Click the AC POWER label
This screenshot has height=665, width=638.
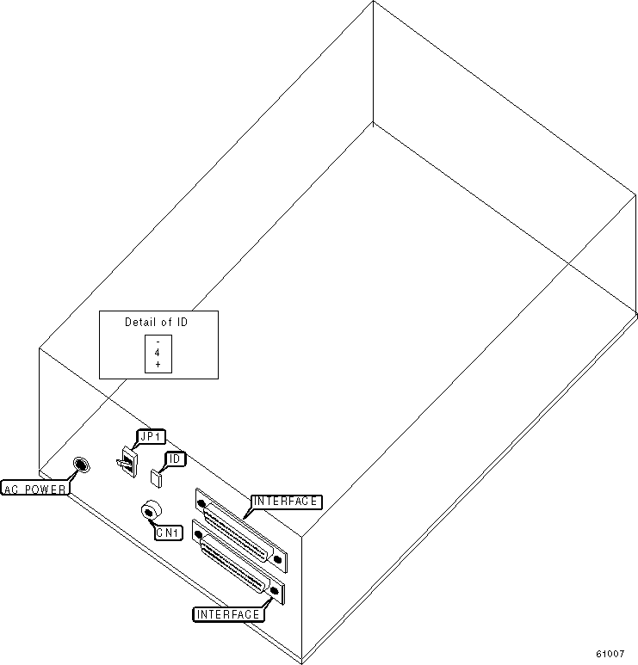click(35, 490)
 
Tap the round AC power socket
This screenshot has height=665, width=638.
click(81, 465)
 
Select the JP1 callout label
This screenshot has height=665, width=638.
click(150, 437)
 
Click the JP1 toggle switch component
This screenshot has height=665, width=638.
click(127, 464)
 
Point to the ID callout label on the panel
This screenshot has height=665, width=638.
click(174, 459)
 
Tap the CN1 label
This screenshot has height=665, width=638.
click(167, 533)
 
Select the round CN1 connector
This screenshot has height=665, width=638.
click(151, 512)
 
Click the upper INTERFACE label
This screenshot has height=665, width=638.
click(286, 502)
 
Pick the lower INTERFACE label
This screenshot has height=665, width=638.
click(227, 614)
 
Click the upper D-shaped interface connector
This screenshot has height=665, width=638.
click(238, 528)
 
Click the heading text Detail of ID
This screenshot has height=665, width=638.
click(157, 323)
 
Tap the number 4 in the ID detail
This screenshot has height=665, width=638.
click(158, 354)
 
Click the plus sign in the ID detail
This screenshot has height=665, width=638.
click(158, 365)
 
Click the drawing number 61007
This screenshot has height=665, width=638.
click(610, 654)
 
